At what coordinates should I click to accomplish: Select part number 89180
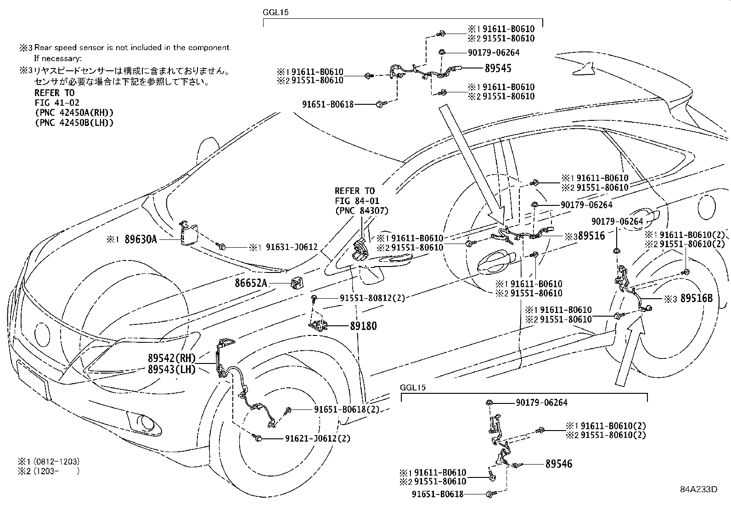pyautogui.click(x=363, y=326)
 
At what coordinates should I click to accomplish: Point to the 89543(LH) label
pyautogui.click(x=172, y=369)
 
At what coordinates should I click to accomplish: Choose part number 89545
pyautogui.click(x=498, y=68)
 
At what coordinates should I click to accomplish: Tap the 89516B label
pyautogui.click(x=696, y=299)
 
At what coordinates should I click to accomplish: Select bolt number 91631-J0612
pyautogui.click(x=290, y=247)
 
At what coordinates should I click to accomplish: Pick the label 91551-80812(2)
pyautogui.click(x=372, y=298)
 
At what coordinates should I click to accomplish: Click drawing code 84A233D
pyautogui.click(x=698, y=489)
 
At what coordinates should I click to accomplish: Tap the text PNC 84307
pyautogui.click(x=361, y=211)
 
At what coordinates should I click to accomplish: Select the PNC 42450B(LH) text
pyautogui.click(x=74, y=123)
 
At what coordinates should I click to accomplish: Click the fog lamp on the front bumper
pyautogui.click(x=147, y=422)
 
